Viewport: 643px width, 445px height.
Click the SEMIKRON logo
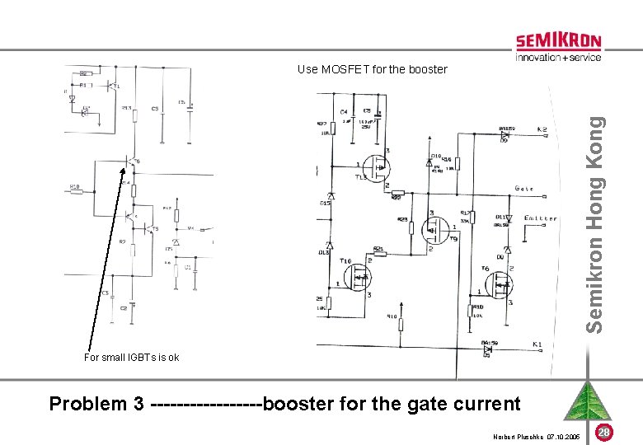coord(558,41)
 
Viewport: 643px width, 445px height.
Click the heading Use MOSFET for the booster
coord(372,69)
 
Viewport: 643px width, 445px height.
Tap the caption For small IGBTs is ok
coord(131,358)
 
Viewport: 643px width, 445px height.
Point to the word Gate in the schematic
coord(523,189)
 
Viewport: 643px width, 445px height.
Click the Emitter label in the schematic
coord(540,219)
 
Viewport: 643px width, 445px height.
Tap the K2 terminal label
coord(542,130)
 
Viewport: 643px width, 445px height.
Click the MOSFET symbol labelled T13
coord(377,171)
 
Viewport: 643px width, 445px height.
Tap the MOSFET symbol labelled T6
coord(500,284)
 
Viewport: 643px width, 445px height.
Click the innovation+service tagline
coord(558,58)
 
